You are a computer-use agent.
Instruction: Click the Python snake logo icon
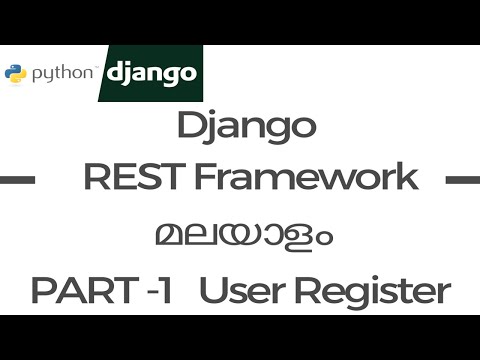(14, 73)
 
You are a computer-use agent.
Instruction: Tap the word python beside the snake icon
(61, 73)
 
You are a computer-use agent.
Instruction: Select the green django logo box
(152, 73)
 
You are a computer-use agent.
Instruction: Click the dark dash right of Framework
(461, 181)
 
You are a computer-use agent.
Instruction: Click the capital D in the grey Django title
(187, 129)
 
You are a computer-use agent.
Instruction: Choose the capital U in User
(213, 292)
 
